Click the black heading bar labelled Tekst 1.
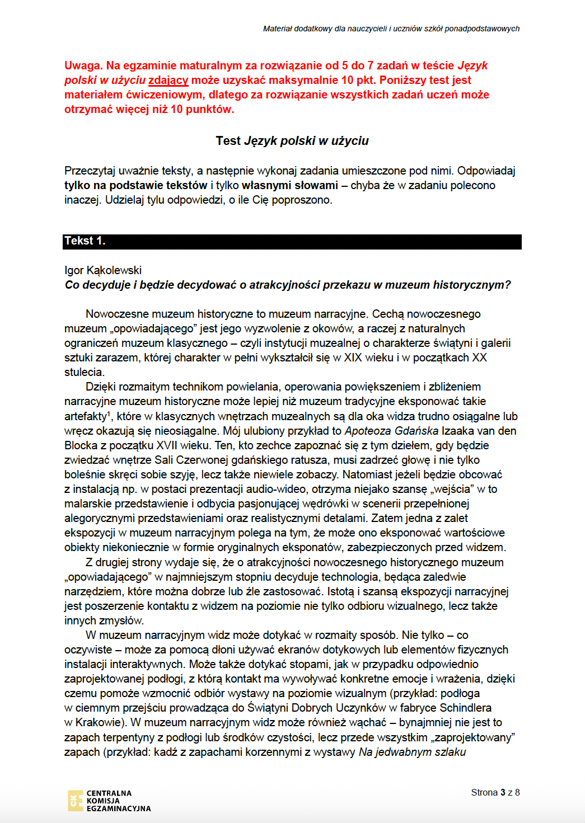pos(292,241)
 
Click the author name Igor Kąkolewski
pos(103,270)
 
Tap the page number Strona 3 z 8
pos(495,792)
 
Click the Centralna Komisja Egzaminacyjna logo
pos(110,801)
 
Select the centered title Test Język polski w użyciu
pos(292,141)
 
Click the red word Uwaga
pos(83,66)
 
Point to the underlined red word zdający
pos(168,81)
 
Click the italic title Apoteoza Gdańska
pos(391,431)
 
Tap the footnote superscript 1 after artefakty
pos(109,413)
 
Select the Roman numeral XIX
pos(353,358)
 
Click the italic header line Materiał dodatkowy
pos(391,29)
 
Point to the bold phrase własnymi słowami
pos(290,185)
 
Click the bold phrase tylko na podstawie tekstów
pos(135,185)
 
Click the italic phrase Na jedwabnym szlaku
pos(412,752)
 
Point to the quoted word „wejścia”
pos(452,489)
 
